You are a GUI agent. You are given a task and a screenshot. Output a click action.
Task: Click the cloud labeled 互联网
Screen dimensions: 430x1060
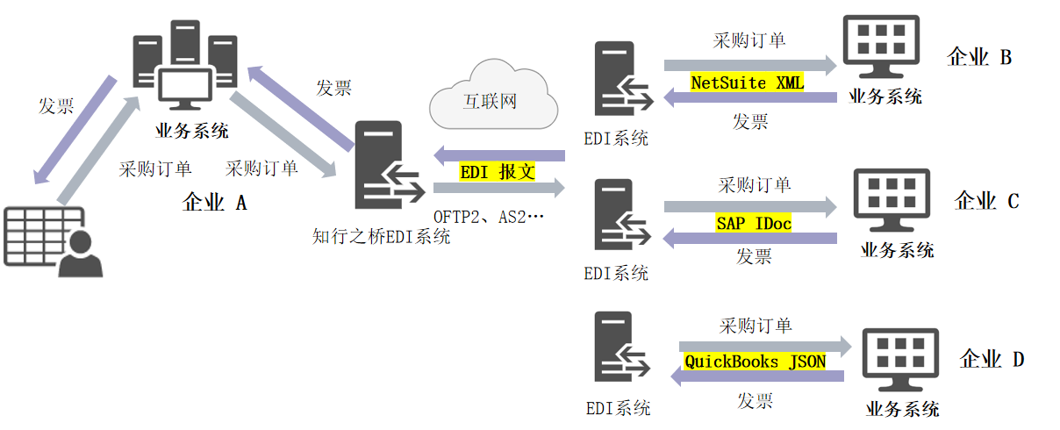pyautogui.click(x=493, y=97)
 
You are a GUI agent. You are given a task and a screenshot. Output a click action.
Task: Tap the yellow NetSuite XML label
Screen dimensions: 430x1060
pyautogui.click(x=747, y=82)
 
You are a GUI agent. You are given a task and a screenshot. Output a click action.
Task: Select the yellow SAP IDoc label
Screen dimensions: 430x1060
pyautogui.click(x=754, y=224)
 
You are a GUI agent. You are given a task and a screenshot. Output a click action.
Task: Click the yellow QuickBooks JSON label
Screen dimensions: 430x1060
pyautogui.click(x=755, y=361)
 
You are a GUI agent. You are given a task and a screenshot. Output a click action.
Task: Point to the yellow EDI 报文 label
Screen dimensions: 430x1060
pyautogui.click(x=498, y=172)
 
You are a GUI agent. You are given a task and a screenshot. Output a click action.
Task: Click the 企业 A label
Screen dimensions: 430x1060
pyautogui.click(x=214, y=203)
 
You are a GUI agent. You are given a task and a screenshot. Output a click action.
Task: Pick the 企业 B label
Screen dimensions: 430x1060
pyautogui.click(x=979, y=58)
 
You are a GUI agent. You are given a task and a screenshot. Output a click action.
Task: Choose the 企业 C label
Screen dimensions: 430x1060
pyautogui.click(x=986, y=201)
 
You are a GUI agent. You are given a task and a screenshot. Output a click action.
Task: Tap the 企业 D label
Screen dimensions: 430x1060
pyautogui.click(x=992, y=359)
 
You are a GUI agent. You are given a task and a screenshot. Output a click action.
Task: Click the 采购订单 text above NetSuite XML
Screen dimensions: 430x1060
pyautogui.click(x=748, y=40)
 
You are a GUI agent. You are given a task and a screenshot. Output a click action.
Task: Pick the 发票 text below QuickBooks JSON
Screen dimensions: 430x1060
pyautogui.click(x=755, y=401)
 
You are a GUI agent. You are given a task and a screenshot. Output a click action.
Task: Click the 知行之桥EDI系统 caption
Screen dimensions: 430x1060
pyautogui.click(x=382, y=236)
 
